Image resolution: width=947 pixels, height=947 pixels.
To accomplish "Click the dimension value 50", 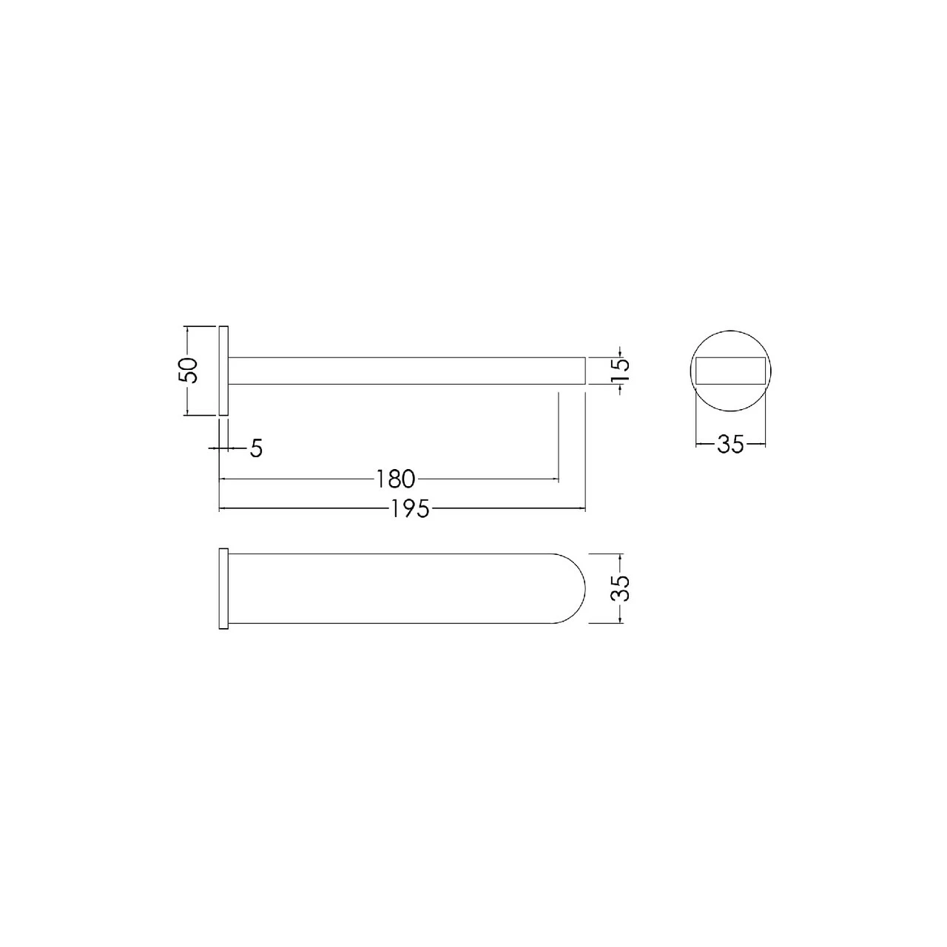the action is point(188,370).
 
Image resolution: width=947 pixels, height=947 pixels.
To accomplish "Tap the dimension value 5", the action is point(257,448).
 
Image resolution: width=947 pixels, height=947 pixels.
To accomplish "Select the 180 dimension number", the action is point(396,479).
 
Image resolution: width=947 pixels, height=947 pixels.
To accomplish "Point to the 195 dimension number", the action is point(410,509).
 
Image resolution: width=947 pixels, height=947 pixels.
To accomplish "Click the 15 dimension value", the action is point(620,370).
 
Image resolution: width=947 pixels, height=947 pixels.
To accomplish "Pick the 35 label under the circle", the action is point(731,444).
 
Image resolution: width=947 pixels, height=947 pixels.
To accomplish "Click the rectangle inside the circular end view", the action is point(731,371).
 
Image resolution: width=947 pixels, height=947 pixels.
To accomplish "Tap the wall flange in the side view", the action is point(223,371).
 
